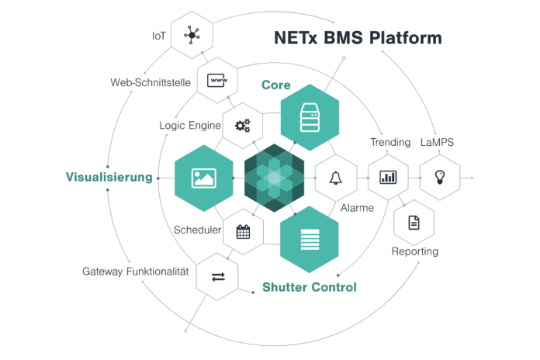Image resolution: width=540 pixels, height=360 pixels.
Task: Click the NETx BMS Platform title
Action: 358,38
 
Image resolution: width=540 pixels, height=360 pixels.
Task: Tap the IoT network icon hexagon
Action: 192,34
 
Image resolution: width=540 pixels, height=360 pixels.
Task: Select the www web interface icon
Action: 217,80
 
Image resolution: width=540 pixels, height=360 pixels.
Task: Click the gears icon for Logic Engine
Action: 243,125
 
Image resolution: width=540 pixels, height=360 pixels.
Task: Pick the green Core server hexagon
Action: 310,117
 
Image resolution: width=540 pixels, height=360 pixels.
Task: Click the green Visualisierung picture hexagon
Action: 203,178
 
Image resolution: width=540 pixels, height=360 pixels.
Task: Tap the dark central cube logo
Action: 274,178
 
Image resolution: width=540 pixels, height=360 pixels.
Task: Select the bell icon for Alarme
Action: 335,178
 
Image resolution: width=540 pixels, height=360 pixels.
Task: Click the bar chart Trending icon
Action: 388,178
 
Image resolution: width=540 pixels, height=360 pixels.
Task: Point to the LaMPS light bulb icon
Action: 440,178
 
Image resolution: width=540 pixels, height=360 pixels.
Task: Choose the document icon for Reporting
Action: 414,223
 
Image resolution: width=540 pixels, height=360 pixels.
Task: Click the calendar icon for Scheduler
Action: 243,231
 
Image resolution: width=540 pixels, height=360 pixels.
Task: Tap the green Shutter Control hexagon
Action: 310,238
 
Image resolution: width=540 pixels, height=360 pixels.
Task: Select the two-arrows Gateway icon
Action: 217,276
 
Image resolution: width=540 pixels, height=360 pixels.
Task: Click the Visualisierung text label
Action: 109,178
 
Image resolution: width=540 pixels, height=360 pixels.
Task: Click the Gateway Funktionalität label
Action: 136,272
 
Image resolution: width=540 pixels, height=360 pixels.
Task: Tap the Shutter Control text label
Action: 310,287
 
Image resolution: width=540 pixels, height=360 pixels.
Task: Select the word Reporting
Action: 415,251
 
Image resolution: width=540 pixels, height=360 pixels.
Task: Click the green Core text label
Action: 275,85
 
